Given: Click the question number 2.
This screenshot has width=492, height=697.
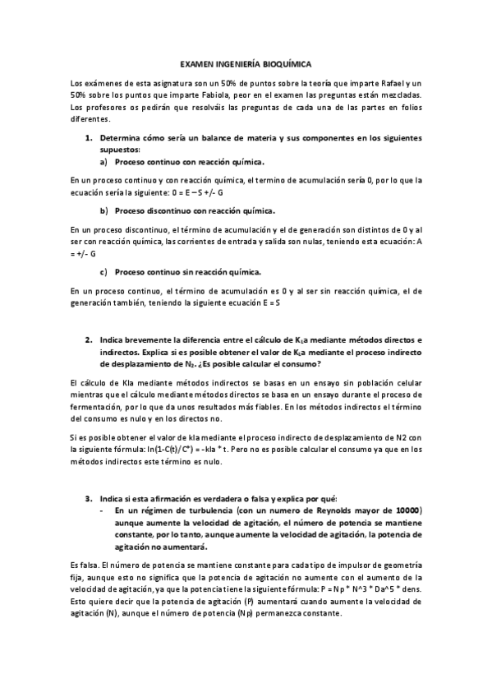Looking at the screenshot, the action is click(x=89, y=339).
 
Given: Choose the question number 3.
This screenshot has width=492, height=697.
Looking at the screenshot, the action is click(x=89, y=498).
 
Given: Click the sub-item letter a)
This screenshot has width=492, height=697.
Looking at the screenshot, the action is click(x=104, y=161).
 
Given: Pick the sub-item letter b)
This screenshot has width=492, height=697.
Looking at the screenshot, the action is click(x=104, y=210).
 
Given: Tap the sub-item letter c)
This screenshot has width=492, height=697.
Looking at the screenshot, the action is click(x=104, y=271).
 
